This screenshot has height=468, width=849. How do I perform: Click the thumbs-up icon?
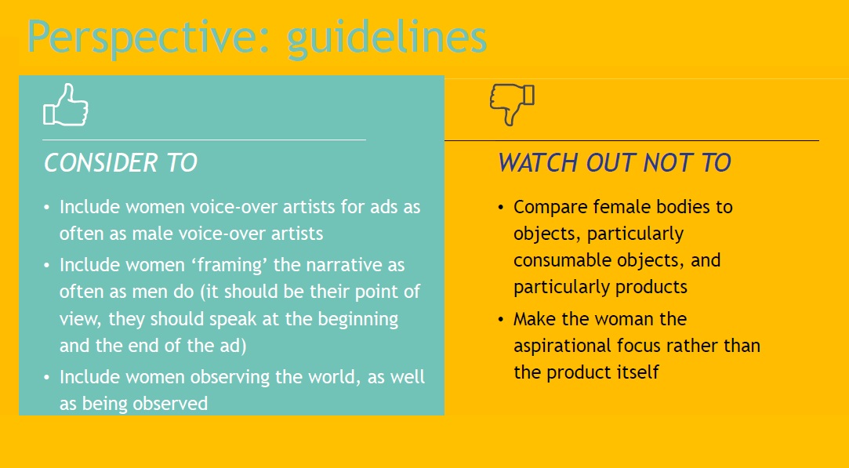point(66,105)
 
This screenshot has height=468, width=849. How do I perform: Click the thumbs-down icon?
point(512,104)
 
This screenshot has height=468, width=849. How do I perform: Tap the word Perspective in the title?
point(148,38)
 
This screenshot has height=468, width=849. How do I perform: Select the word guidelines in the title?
point(386,38)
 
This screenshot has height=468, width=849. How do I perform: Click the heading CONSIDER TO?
point(120,163)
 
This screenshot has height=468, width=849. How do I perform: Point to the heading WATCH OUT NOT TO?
point(615,163)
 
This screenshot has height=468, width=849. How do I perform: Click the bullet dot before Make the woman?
point(501,320)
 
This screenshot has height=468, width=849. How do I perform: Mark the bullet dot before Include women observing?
point(46,378)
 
